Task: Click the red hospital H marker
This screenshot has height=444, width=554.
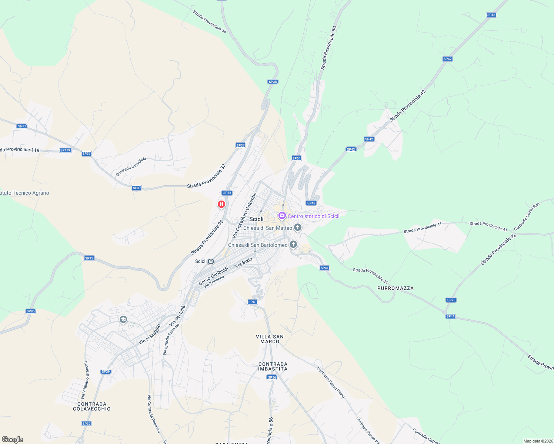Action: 221,204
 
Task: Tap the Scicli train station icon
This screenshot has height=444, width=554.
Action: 211,261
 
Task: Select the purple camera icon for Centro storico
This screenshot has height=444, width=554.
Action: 282,216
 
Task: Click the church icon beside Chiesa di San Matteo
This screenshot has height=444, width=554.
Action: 298,227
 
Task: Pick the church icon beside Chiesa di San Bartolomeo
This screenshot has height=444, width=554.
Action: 293,244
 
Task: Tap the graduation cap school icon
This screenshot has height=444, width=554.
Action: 123,319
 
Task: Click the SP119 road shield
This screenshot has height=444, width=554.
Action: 65,150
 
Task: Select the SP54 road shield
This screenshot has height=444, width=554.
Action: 296,158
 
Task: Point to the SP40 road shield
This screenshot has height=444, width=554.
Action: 252,302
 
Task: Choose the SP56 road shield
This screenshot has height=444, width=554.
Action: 272,377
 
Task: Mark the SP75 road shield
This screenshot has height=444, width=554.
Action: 451,300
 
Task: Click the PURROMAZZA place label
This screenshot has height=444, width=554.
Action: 396,288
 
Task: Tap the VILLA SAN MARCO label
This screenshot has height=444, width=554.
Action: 270,339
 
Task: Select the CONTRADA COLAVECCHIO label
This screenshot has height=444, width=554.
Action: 92,406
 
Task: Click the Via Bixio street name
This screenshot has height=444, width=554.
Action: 243,262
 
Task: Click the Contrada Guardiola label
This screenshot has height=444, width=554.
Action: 131,166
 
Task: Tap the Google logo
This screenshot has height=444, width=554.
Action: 13,440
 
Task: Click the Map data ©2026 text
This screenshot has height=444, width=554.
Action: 537,441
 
